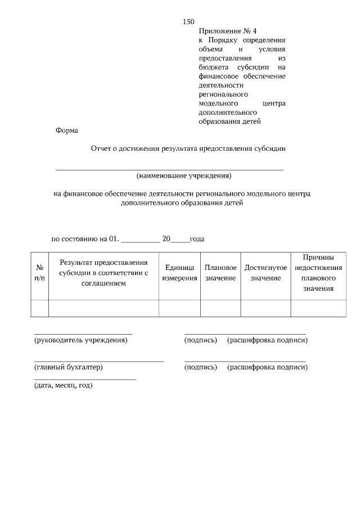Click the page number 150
tap(188, 22)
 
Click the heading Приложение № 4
tap(223, 31)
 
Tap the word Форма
tap(67, 130)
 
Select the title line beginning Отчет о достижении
tap(188, 149)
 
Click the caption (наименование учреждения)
tap(184, 175)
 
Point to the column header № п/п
tap(39, 274)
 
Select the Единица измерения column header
tap(179, 273)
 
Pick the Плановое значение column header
tap(220, 273)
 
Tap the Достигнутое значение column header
tap(265, 273)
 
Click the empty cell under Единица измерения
tap(179, 309)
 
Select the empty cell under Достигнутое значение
tap(265, 309)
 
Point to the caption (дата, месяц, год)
tap(63, 385)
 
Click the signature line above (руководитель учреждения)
tap(83, 334)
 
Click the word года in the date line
tap(197, 238)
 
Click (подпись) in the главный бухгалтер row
tap(201, 367)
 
